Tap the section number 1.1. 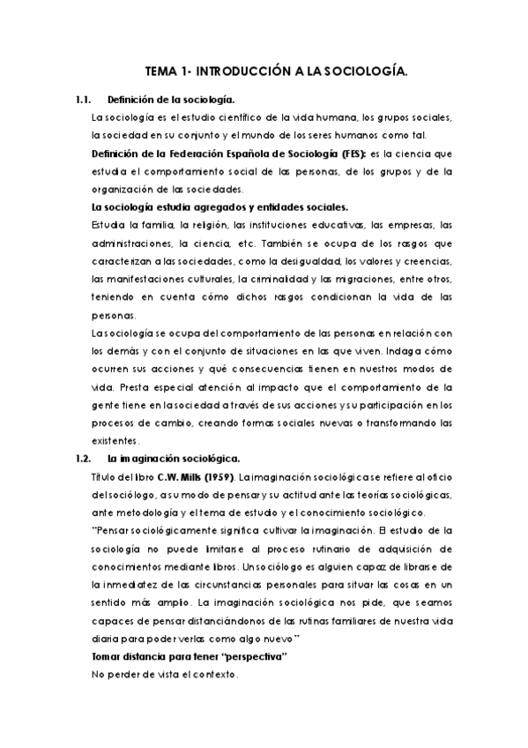click(x=85, y=101)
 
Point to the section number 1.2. click(x=85, y=458)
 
